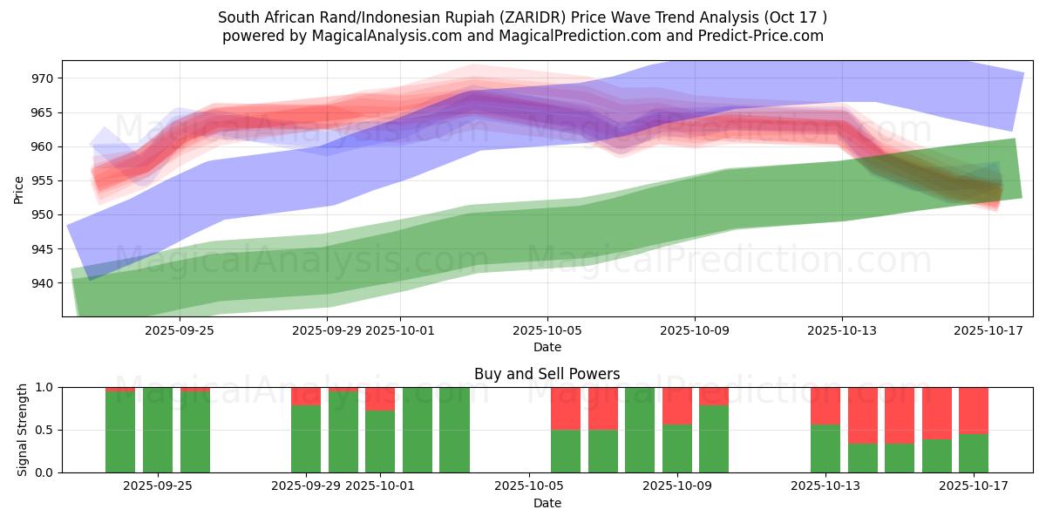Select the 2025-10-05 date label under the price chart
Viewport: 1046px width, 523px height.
[547, 330]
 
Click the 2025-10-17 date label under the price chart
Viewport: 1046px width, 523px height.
[988, 330]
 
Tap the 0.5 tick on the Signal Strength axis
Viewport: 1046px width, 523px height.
[44, 430]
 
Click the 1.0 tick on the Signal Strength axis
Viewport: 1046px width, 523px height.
[44, 387]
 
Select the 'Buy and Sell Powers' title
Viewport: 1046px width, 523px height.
[547, 374]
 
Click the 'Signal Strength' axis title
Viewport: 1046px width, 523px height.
[23, 430]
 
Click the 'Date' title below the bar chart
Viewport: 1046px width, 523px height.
[547, 503]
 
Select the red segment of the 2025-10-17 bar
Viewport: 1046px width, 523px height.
[974, 411]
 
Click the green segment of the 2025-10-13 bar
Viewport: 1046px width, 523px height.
[825, 448]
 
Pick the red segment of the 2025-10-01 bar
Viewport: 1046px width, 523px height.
[380, 398]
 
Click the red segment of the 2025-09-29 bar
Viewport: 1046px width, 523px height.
[306, 396]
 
